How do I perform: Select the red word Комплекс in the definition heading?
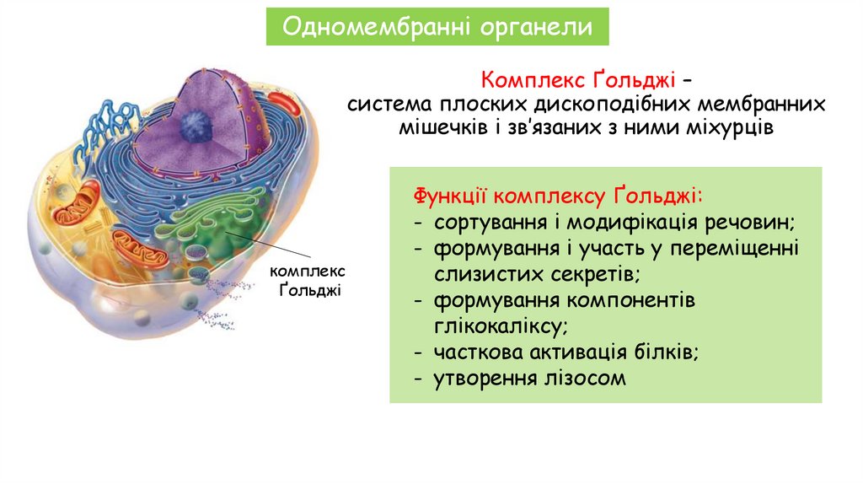[528, 82]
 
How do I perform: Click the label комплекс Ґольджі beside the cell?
[307, 282]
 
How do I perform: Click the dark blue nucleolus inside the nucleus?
[196, 125]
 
